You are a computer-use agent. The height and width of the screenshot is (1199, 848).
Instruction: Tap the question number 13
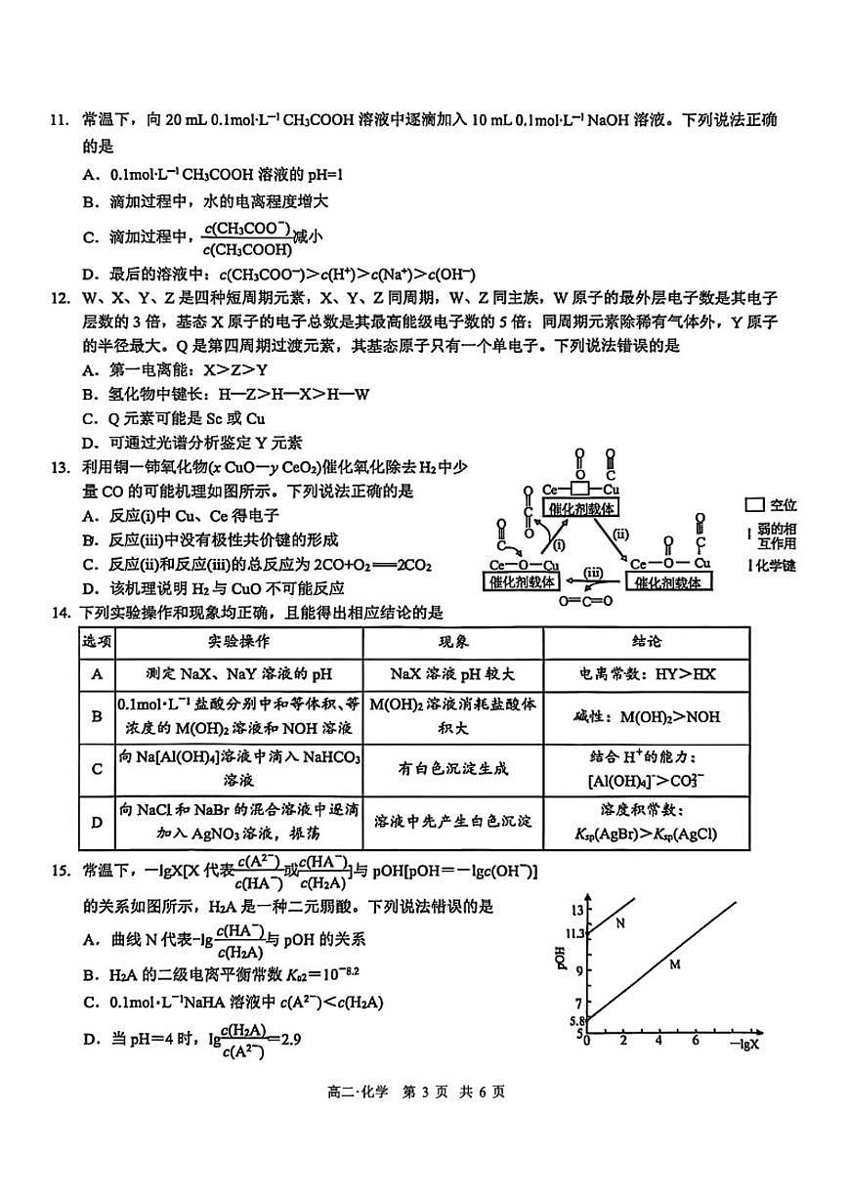(57, 467)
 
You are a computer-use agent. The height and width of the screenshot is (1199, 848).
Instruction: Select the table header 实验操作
(238, 642)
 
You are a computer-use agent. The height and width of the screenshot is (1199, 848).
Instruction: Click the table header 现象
(452, 642)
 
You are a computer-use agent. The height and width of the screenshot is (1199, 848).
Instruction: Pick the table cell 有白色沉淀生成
(452, 769)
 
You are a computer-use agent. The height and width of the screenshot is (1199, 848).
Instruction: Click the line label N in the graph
(620, 922)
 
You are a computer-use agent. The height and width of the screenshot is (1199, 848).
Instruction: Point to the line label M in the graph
(674, 964)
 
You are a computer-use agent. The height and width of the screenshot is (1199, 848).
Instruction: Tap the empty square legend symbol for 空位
(753, 505)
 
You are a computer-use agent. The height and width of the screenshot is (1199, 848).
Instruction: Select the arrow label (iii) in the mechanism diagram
(593, 573)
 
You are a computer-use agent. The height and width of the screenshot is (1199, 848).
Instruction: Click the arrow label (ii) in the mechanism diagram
(621, 534)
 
